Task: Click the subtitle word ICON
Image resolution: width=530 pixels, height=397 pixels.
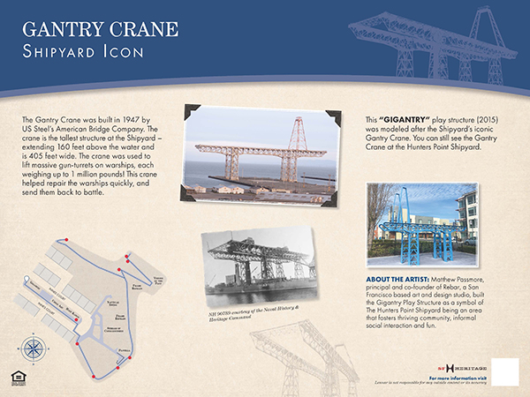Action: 122,51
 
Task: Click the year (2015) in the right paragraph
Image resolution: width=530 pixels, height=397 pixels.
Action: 495,118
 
